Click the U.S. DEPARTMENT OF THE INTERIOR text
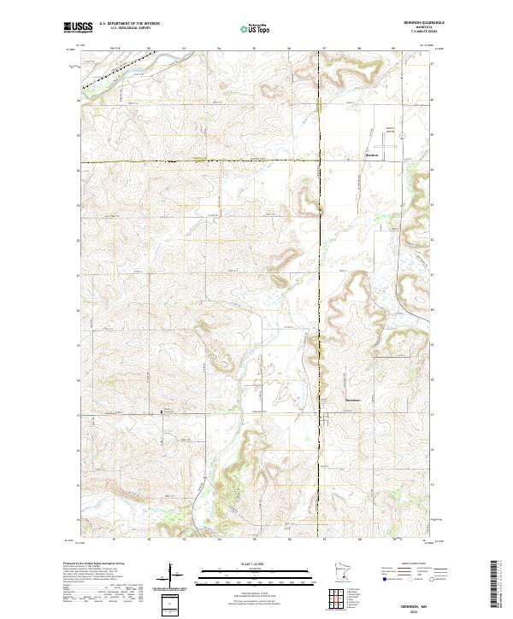(x=129, y=23)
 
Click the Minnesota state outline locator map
(x=343, y=573)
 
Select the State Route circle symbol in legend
(x=433, y=579)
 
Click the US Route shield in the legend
(x=410, y=579)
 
